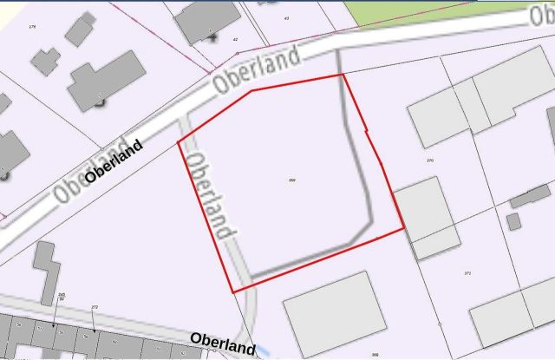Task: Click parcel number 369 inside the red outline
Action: point(292,180)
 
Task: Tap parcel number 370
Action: point(430,161)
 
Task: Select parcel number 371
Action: point(467,273)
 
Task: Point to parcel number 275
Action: point(33,27)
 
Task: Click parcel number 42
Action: point(235,39)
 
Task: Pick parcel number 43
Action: point(287,17)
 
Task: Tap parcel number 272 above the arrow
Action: point(94,307)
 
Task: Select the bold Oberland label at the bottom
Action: point(223,344)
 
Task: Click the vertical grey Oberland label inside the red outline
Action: point(212,196)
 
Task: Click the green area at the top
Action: point(434,11)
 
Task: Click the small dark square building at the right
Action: point(513,221)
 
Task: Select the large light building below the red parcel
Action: point(335,314)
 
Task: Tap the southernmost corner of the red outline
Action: point(233,291)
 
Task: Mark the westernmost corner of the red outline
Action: point(179,141)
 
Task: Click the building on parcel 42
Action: point(207,20)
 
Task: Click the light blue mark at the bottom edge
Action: point(264,351)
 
